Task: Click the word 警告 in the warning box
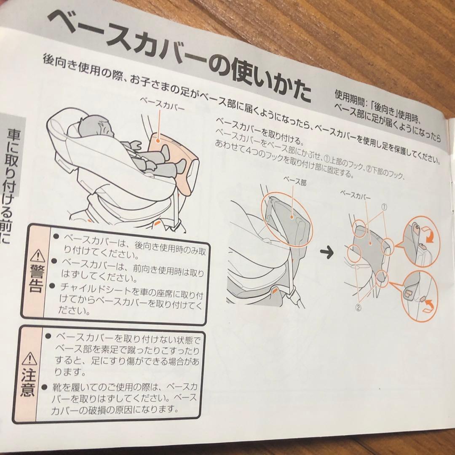coord(37,278)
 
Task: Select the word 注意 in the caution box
coord(28,384)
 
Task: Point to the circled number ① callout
coord(384,207)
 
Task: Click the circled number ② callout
coord(358,307)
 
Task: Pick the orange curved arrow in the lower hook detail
coord(428,304)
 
